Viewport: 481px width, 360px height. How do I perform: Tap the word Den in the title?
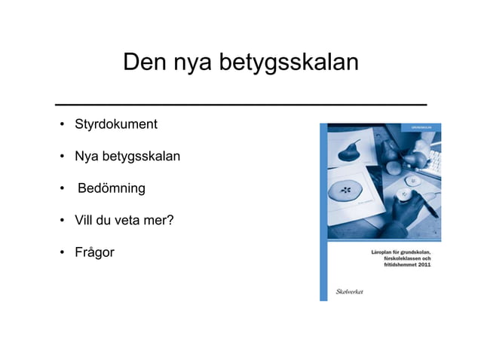145,63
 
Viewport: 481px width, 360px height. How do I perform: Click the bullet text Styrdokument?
115,124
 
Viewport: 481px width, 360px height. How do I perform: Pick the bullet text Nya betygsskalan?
127,156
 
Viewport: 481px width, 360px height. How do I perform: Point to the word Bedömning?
112,188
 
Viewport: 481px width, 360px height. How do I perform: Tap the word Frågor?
94,252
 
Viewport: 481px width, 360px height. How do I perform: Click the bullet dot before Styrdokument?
60,124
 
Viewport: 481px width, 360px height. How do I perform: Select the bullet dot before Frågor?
60,253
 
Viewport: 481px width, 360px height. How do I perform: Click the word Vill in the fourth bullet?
84,220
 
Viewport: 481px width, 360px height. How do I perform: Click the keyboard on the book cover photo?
433,161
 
